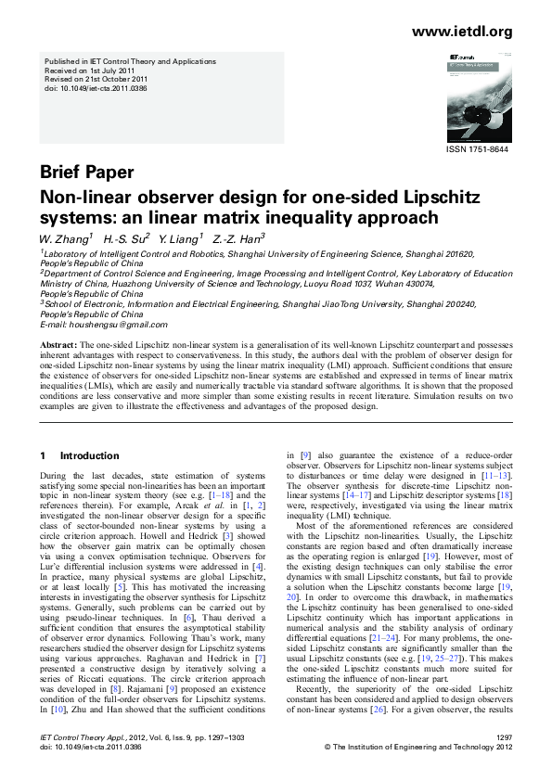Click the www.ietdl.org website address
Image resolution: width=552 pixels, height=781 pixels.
coord(461,32)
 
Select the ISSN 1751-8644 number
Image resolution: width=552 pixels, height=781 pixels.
coord(479,148)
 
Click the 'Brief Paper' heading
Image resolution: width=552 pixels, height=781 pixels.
coord(86,173)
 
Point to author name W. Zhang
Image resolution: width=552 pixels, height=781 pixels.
coord(63,238)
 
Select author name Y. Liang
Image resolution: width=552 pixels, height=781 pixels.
coord(180,238)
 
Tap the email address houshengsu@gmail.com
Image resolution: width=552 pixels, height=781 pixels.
coord(104,325)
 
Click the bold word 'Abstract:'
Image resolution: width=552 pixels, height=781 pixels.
coord(58,344)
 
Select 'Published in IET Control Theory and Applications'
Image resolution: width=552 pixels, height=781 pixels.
coord(130,61)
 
